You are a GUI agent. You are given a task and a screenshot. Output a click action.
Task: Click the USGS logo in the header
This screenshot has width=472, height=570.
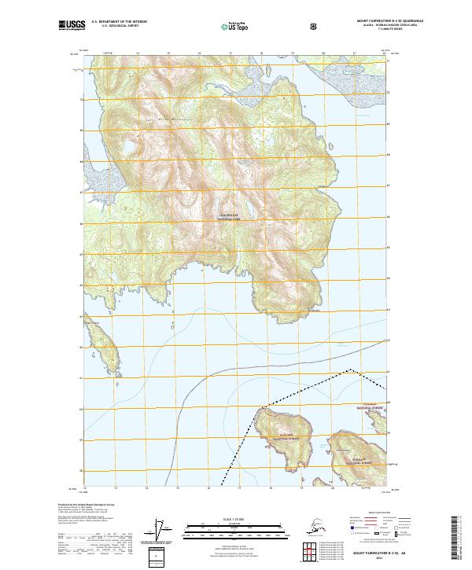pyautogui.click(x=72, y=26)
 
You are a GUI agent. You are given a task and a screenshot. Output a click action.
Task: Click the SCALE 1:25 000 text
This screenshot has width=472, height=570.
pyautogui.click(x=235, y=517)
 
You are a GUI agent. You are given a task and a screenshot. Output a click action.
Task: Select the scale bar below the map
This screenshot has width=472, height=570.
pyautogui.click(x=235, y=526)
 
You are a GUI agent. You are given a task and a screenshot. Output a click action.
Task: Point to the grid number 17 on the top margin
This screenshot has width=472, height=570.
pyautogui.click(x=229, y=53)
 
